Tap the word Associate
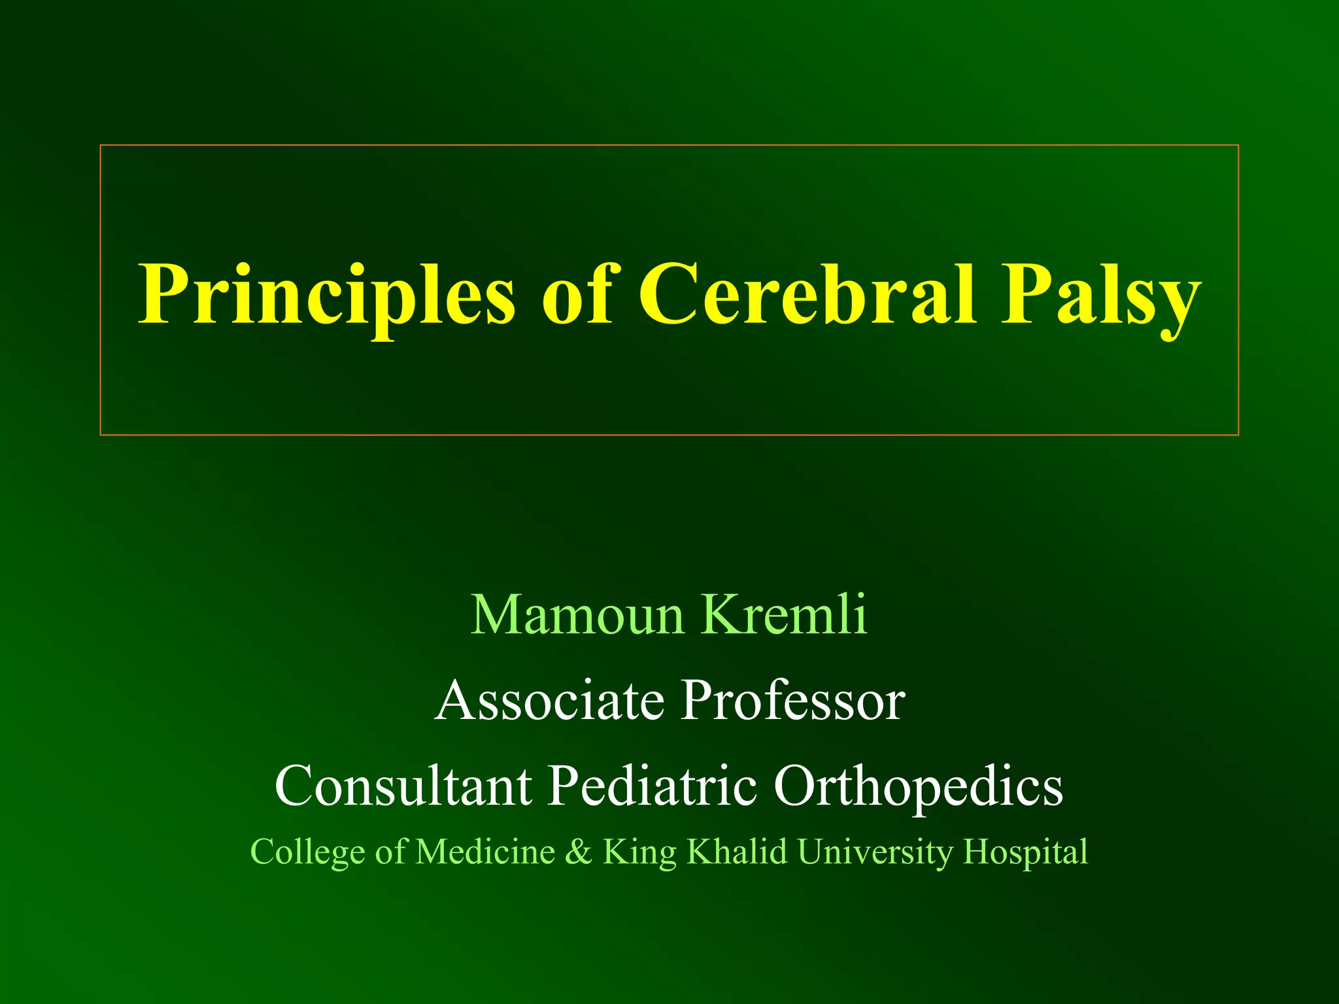coord(549,700)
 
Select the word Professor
coord(793,700)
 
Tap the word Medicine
coord(485,852)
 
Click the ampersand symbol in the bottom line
coord(578,852)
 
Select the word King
coord(639,852)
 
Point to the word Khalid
coord(736,852)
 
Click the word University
coord(875,852)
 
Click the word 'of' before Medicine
coord(390,852)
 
